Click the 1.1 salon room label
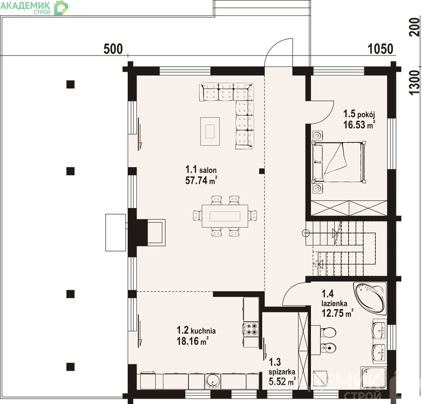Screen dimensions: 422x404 [x=201, y=170]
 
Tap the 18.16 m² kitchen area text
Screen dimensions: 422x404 [x=192, y=341]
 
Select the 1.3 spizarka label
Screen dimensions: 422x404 [x=282, y=367]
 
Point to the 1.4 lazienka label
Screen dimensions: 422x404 [x=334, y=298]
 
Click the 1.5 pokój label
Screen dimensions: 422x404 [x=359, y=114]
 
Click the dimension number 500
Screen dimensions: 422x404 [x=113, y=49]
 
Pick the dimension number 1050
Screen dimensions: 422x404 [x=380, y=49]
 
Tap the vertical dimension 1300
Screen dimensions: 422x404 [x=415, y=82]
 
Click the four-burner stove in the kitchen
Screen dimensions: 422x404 [x=251, y=329]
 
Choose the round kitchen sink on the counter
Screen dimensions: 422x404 [x=213, y=381]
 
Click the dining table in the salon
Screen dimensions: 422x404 [x=225, y=216]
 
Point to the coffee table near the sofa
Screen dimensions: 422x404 [x=210, y=131]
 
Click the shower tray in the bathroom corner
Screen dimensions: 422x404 [x=374, y=378]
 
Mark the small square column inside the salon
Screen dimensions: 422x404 [x=261, y=171]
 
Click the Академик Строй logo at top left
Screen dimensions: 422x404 [x=34, y=8]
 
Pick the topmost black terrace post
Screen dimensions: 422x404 [x=71, y=84]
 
